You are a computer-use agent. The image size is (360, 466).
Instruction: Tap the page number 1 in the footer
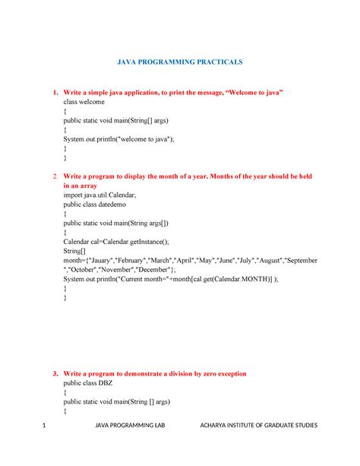tap(45, 446)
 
